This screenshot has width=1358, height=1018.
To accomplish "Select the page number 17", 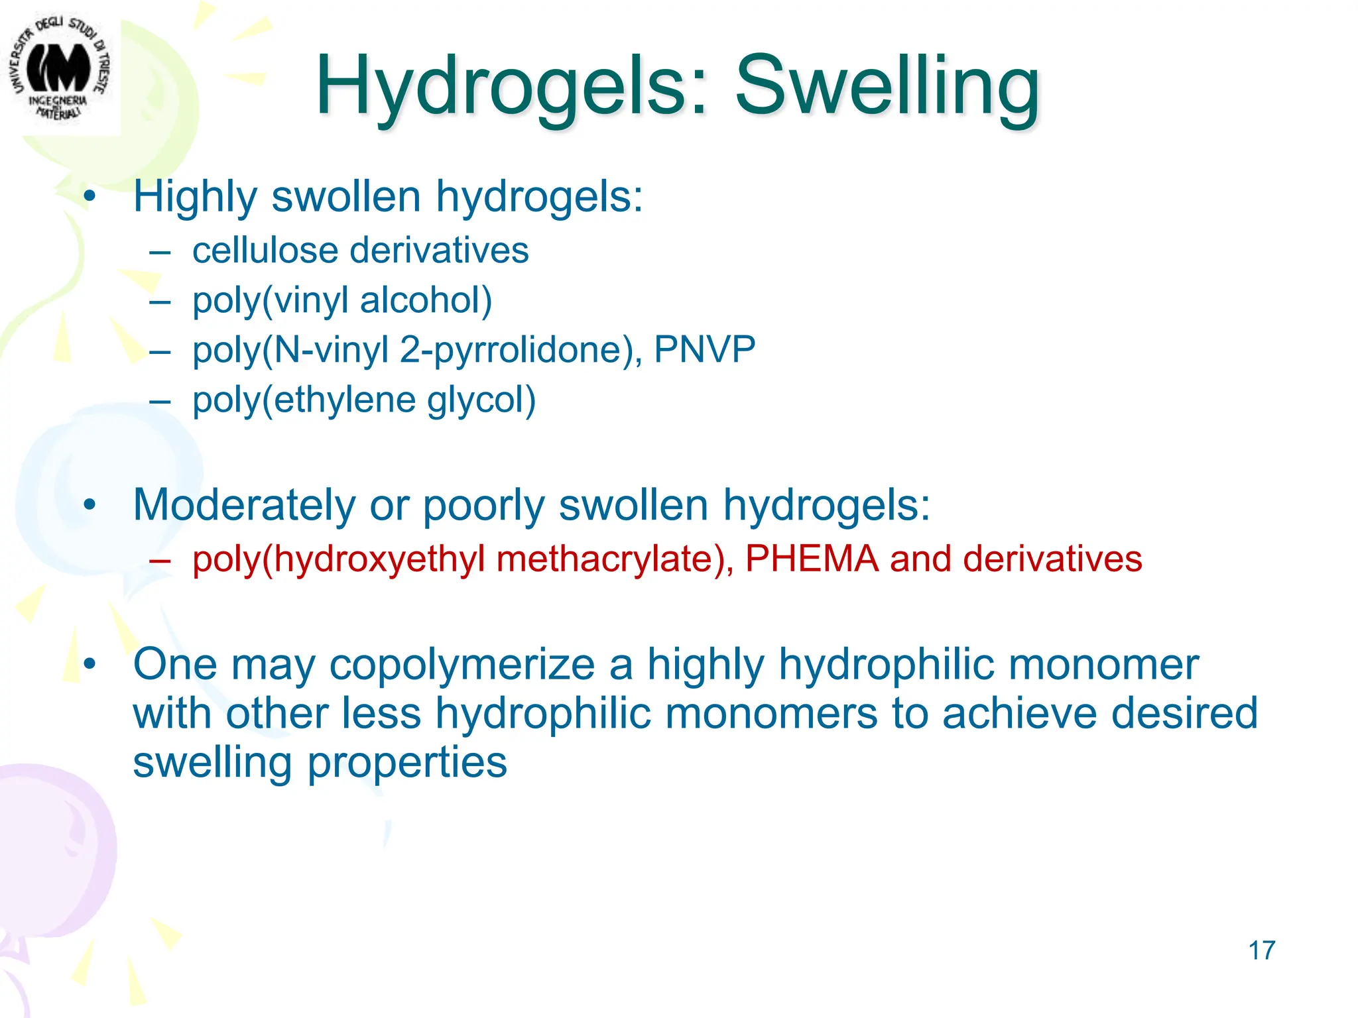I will [x=1261, y=950].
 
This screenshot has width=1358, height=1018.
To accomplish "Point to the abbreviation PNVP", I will [x=704, y=349].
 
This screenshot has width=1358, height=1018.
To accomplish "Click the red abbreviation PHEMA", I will [x=812, y=558].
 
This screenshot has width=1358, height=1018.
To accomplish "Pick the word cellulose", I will [x=265, y=251].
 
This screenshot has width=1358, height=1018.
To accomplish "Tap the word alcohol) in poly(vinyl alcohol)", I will [x=426, y=300].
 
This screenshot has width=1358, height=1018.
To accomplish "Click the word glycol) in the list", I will [x=481, y=400].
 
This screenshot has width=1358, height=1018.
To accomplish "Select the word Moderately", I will [x=244, y=505].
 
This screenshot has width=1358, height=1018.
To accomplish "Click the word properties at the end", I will [x=406, y=762].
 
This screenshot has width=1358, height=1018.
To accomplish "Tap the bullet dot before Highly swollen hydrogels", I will [x=90, y=197].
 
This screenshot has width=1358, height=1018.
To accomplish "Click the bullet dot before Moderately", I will [x=90, y=505].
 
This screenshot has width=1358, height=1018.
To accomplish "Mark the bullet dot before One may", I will [x=90, y=664].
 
